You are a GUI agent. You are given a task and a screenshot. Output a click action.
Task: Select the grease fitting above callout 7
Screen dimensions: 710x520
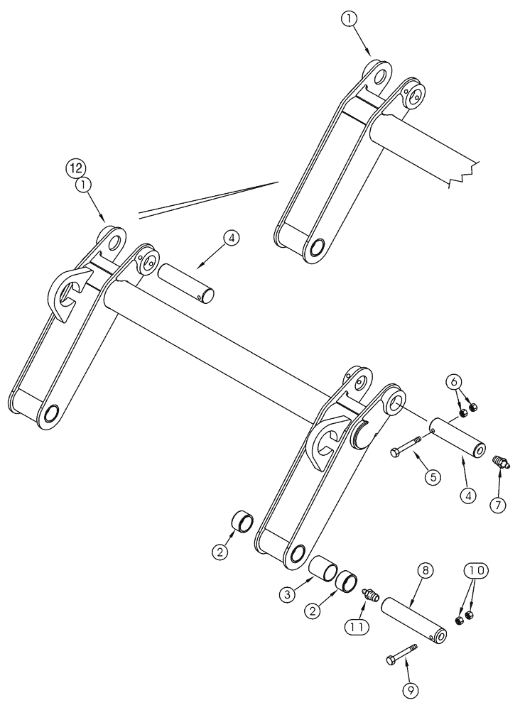[502, 464]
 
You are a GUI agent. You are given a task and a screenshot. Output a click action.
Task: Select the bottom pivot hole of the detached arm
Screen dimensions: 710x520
[315, 248]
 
